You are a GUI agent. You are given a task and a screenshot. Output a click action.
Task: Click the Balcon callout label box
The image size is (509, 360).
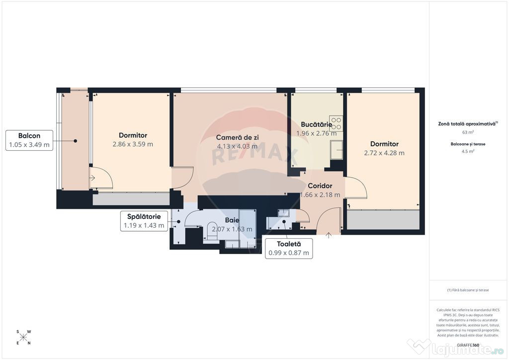coord(29,140)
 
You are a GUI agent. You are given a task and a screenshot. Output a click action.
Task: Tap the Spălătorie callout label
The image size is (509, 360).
coord(144,221)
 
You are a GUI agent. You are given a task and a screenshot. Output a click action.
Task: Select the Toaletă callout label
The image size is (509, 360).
coord(289,248)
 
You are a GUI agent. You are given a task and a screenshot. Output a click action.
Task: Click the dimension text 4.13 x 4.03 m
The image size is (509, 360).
coord(237,146)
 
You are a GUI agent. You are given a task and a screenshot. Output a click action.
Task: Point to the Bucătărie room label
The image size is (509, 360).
coord(316,124)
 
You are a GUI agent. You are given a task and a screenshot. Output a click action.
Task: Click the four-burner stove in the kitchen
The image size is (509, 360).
coord(336,123)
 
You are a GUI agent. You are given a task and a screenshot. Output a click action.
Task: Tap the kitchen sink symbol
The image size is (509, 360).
coord(337,150)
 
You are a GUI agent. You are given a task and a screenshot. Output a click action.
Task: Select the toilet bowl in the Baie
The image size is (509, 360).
coord(212,231)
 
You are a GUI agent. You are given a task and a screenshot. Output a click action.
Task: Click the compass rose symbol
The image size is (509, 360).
coord(23,337)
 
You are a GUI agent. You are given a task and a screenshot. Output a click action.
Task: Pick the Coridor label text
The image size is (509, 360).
coord(320,186)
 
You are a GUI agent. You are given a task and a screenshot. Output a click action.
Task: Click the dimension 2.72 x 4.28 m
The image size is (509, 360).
coord(384,153)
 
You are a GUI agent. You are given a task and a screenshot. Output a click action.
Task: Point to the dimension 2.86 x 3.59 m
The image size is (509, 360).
coord(133,144)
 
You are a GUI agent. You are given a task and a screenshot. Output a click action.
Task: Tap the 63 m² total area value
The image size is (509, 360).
coord(468,132)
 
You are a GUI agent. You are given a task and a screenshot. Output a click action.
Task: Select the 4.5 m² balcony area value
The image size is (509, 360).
coord(468,151)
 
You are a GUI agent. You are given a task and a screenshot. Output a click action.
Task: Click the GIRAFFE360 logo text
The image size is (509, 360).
coord(468,345)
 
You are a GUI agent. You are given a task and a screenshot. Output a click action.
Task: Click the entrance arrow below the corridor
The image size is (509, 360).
coord(329,235)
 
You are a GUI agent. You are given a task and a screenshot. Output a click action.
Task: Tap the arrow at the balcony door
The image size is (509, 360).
coord(92,178)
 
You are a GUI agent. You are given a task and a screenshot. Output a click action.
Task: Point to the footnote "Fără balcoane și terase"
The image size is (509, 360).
coord(468,290)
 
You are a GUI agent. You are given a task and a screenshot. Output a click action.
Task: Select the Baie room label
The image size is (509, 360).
coord(232,220)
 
